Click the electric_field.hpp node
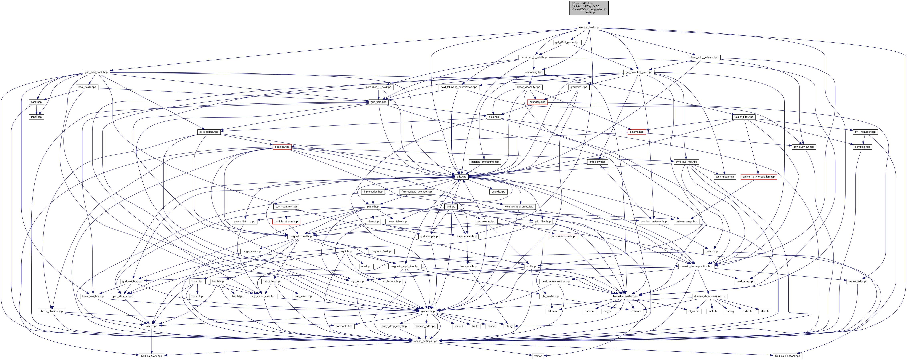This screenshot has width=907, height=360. pyautogui.click(x=589, y=27)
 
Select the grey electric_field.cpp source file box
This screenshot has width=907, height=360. pyautogui.click(x=589, y=8)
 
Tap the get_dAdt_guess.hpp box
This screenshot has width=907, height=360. pyautogui.click(x=567, y=42)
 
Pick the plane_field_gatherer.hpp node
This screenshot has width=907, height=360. pyautogui.click(x=704, y=57)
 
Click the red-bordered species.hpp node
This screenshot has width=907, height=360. pyautogui.click(x=282, y=147)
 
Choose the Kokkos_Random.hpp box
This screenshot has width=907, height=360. pyautogui.click(x=787, y=356)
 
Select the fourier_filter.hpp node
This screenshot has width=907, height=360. pyautogui.click(x=744, y=117)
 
